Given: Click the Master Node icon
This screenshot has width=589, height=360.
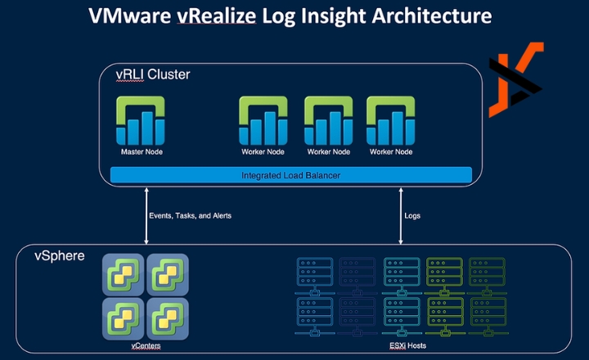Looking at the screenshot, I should click(x=142, y=120).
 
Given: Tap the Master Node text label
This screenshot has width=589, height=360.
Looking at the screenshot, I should click(x=142, y=151).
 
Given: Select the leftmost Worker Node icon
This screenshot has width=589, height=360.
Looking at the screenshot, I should click(x=263, y=120).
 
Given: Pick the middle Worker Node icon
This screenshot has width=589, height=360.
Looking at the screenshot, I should click(x=328, y=120).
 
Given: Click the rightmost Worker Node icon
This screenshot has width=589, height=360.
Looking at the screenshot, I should click(x=390, y=120).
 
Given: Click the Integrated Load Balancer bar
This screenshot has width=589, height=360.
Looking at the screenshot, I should click(x=290, y=175).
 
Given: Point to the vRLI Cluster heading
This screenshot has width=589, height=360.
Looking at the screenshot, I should click(x=154, y=74).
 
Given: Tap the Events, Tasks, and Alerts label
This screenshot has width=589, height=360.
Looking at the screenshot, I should click(x=190, y=216).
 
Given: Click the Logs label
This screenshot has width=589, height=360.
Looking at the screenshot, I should click(x=413, y=216).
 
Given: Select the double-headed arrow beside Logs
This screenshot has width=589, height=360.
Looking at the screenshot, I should click(x=400, y=215).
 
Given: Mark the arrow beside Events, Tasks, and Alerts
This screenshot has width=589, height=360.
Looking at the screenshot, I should click(x=145, y=215).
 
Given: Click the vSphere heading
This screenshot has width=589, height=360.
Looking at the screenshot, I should click(x=58, y=256).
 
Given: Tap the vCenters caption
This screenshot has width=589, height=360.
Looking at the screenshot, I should click(x=145, y=346).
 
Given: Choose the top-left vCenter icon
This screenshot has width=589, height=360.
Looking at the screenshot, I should click(x=123, y=273).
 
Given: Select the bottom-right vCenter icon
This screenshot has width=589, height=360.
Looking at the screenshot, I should click(x=168, y=317).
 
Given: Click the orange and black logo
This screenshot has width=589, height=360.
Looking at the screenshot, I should click(x=516, y=79).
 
